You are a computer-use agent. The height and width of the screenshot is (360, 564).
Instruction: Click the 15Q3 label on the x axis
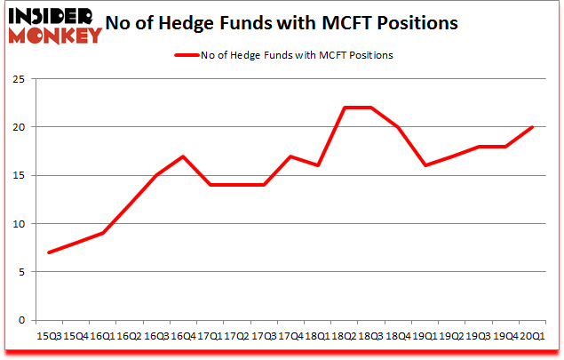tap(48, 337)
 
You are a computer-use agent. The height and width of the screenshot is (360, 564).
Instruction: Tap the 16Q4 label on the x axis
tap(182, 337)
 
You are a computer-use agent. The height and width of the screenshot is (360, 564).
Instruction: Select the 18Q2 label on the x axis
tap(344, 337)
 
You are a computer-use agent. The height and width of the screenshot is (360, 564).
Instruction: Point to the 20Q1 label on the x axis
tap(531, 337)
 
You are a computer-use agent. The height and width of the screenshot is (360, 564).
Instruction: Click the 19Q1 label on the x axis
tap(425, 337)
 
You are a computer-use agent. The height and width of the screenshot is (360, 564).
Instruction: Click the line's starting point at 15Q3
tap(48, 252)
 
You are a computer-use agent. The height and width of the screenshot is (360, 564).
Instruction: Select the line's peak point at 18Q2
tap(344, 108)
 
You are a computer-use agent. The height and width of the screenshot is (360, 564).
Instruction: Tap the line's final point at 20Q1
tap(531, 127)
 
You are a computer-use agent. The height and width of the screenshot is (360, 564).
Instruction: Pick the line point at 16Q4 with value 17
tap(182, 156)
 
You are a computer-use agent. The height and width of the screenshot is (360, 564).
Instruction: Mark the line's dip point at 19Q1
tap(425, 165)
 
